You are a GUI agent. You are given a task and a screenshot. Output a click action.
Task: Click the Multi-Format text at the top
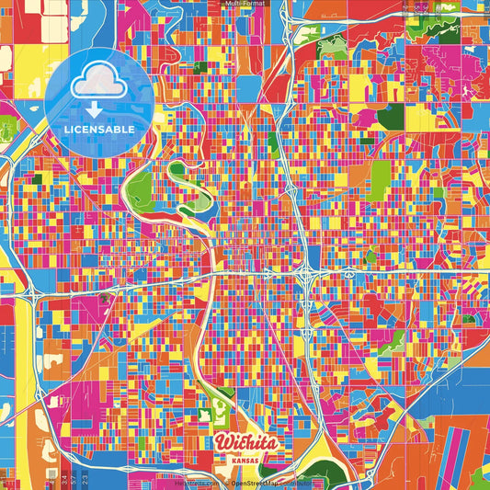coord(245,5)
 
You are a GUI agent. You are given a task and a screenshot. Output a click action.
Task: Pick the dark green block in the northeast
coord(391,118)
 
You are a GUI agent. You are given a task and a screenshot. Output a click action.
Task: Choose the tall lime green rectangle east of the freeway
coord(380,179)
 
